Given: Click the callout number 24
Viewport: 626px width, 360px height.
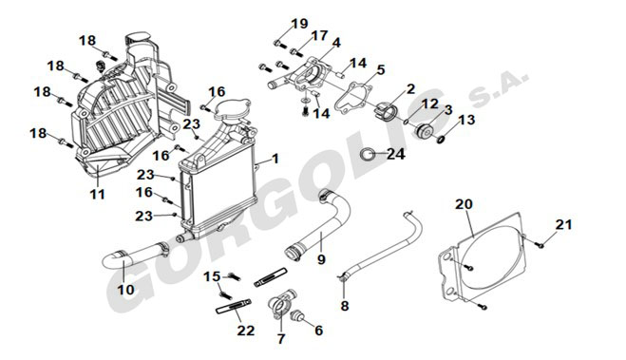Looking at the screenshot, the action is coord(395,154).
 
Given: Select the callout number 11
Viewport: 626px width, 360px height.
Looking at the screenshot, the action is coord(97,194).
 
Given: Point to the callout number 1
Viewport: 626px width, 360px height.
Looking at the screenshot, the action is coord(275,159).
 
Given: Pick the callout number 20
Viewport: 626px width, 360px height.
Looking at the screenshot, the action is coord(464,204).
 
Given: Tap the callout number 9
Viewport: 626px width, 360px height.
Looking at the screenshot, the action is coord(321,259).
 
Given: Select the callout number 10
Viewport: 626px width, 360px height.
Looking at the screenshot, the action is coord(125,290).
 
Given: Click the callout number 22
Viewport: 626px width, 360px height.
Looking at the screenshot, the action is coord(245,331).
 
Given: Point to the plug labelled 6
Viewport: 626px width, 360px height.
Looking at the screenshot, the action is coord(297,315).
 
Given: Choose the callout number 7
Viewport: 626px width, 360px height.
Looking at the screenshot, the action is coord(281,339).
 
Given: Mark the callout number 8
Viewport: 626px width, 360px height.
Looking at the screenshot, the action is coord(345,306).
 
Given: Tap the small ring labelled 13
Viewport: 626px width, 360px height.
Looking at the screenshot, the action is coord(440,140).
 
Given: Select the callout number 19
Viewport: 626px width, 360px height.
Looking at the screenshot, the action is coord(299,24).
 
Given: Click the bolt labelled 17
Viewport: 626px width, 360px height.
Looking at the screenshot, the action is coord(294,51).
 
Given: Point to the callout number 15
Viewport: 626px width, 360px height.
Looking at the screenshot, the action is coord(212,276).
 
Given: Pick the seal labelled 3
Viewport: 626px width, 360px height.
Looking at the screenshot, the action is coord(425,131).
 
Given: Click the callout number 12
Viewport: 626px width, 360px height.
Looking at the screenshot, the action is coord(430,104).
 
